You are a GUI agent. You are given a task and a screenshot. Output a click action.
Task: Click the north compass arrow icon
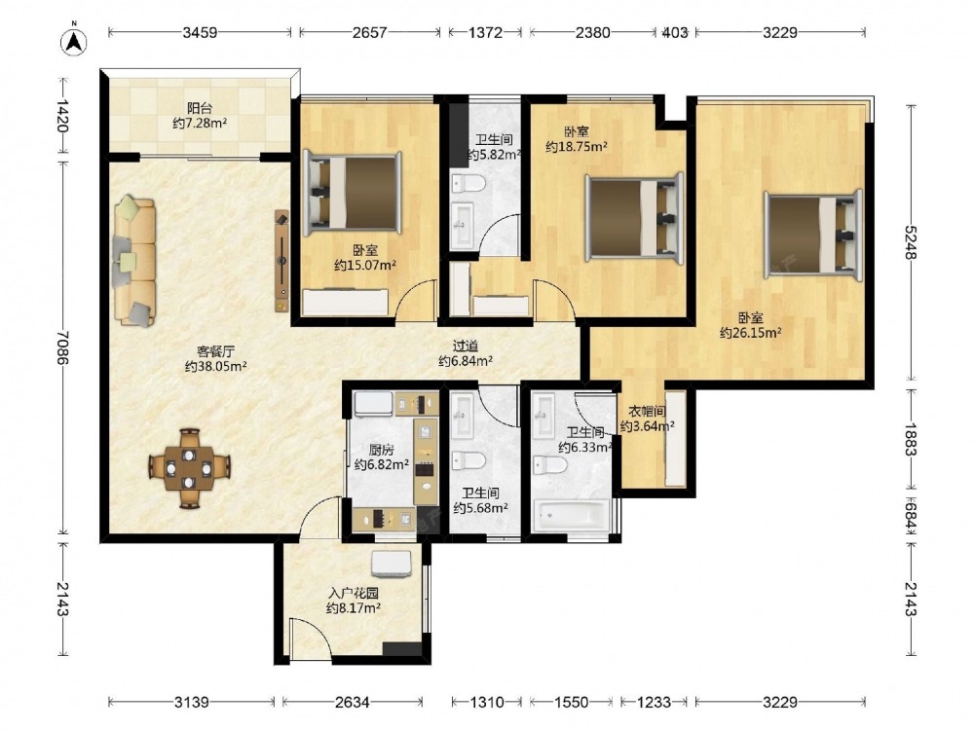point(73,40)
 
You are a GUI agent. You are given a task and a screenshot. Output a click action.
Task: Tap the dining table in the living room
point(190,468)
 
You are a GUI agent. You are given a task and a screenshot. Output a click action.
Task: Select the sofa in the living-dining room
point(134,261)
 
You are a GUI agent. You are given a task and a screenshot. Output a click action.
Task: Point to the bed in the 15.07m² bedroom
point(352,193)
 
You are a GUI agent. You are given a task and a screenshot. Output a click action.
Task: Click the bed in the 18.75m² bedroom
point(634,218)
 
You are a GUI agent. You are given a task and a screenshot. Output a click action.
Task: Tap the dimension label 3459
point(200,32)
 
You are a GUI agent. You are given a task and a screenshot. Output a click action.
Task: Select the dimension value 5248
point(911,242)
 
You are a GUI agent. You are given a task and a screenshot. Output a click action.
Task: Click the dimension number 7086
point(62,347)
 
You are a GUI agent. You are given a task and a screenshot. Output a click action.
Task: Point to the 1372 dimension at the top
point(485,32)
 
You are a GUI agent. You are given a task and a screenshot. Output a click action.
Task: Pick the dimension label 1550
point(571,702)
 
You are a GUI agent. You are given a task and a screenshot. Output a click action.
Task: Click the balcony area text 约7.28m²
point(200,123)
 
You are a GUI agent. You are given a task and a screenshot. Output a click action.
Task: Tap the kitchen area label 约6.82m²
point(382,463)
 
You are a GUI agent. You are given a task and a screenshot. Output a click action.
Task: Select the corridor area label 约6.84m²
point(466,361)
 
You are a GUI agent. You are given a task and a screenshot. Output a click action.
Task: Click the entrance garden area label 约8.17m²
point(354,608)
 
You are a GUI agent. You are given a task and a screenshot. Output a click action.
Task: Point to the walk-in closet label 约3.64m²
point(648,426)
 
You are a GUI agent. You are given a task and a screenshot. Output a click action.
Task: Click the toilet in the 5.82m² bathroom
point(468,184)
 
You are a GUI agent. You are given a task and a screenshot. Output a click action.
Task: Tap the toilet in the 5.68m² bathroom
point(468,460)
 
